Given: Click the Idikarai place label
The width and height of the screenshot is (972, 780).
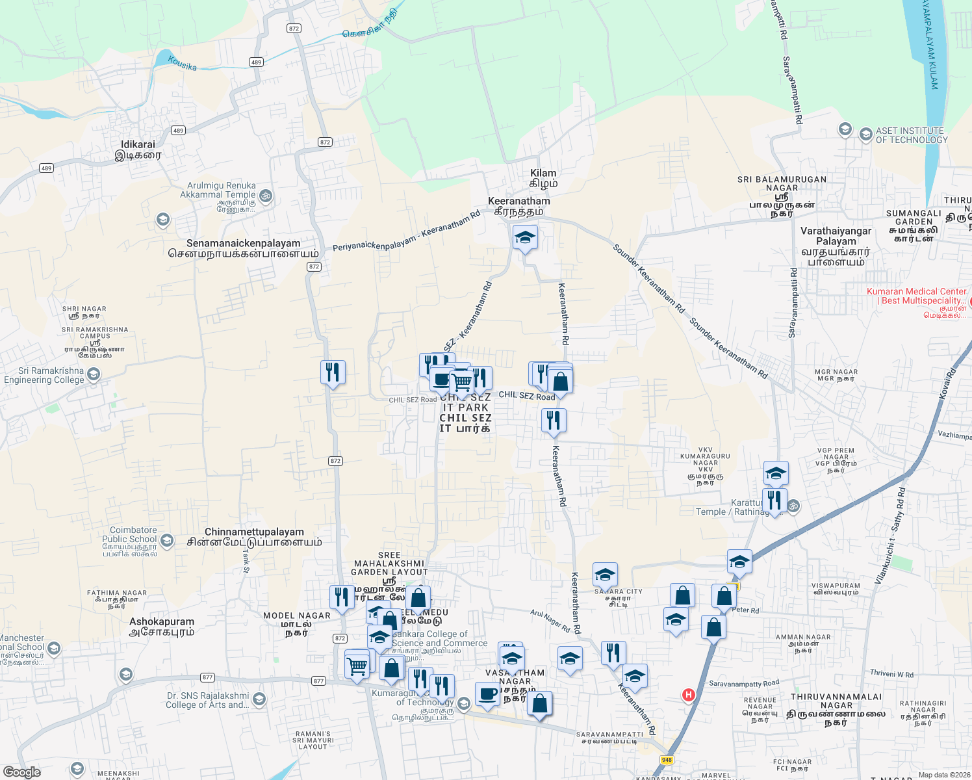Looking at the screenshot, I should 138,145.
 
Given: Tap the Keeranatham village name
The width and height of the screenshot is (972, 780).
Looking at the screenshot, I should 519,201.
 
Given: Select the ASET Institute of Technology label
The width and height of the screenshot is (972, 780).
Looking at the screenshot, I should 911,135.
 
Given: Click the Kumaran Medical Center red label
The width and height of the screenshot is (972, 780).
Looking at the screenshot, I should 916,296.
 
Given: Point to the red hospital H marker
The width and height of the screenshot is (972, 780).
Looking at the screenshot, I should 688,695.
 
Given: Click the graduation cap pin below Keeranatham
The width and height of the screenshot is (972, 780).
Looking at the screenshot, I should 525,239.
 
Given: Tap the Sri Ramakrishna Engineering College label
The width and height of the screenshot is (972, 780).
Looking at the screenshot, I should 44,376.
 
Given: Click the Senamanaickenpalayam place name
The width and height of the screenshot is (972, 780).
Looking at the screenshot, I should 243,244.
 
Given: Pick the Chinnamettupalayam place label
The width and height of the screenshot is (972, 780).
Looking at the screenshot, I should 254,532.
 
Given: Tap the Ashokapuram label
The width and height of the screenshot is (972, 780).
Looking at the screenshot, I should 162,622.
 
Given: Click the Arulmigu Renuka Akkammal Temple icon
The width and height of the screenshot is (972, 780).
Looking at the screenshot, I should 265,195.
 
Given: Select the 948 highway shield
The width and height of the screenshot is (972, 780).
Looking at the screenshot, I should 667,760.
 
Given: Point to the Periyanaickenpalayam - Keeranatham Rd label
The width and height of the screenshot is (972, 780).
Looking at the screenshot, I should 407,232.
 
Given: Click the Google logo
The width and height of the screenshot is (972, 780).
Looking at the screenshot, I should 22,772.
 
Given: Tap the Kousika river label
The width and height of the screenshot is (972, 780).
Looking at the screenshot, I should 182,63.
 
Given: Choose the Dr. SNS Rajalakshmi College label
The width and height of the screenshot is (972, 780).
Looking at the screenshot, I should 207,700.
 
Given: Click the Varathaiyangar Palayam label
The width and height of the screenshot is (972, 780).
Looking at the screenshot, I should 836,236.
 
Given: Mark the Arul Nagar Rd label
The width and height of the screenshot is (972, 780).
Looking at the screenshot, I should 550,621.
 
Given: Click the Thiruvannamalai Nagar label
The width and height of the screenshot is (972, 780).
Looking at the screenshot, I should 836,701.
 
